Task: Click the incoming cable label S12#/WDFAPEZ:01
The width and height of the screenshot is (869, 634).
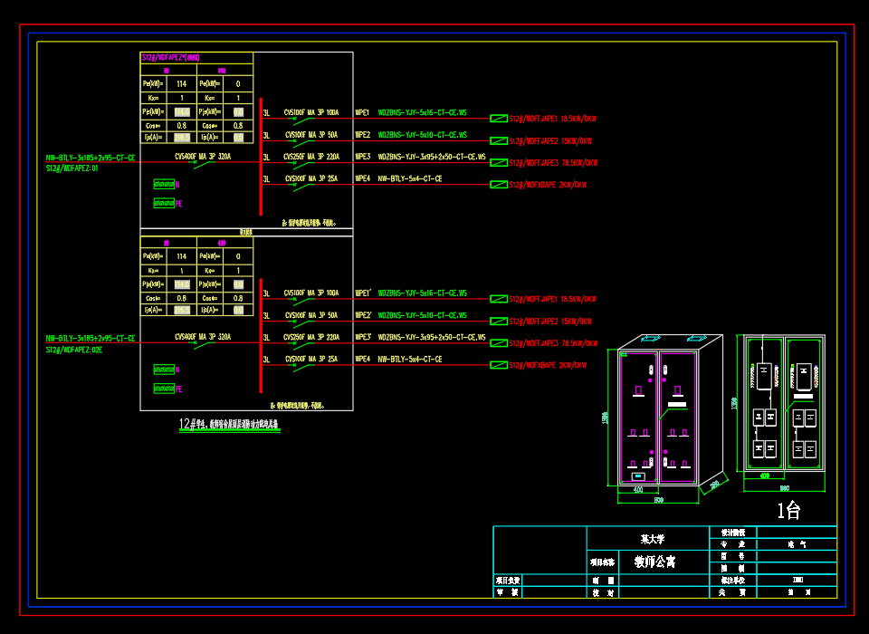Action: tap(72, 168)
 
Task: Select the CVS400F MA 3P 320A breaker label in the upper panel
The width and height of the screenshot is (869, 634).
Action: tap(203, 156)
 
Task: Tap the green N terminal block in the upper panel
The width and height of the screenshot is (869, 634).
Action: tap(164, 184)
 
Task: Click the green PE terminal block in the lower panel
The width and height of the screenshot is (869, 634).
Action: tap(164, 389)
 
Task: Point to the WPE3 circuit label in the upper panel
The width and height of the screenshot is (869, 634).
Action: tap(362, 157)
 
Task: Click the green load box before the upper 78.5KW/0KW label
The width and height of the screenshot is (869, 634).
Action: tap(499, 163)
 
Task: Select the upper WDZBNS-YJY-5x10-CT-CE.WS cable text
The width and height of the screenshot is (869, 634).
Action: tap(422, 135)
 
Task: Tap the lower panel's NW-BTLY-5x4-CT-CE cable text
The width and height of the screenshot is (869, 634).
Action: tap(409, 360)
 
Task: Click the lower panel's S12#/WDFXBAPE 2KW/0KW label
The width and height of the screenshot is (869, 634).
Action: tap(548, 366)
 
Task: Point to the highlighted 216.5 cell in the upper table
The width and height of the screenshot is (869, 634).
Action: tap(182, 138)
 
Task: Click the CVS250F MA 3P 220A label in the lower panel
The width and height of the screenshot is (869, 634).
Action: tap(310, 337)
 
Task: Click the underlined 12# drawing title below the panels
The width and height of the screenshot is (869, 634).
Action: tap(230, 424)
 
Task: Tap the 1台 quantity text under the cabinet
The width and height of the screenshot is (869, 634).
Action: tap(788, 511)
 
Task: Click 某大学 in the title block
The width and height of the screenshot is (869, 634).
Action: tap(652, 539)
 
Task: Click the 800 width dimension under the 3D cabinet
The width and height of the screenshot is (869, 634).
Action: tap(659, 500)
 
